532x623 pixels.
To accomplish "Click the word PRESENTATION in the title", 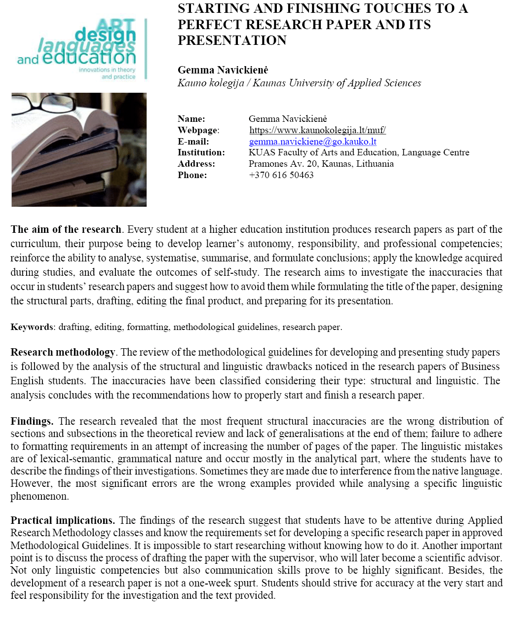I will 232,40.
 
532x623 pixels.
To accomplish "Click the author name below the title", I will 223,70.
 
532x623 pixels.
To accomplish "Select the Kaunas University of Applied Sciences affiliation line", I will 299,83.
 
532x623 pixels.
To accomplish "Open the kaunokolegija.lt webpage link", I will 317,130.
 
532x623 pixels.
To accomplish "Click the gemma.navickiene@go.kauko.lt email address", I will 312,142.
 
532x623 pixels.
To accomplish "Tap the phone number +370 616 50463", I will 281,175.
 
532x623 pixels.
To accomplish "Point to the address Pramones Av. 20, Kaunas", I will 321,164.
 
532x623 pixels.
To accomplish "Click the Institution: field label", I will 201,152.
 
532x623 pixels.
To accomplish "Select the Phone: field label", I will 192,175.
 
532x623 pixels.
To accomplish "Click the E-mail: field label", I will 193,142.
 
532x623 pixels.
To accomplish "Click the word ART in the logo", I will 116,25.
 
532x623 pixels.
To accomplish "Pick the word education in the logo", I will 89,58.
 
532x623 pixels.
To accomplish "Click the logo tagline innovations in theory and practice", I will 107,73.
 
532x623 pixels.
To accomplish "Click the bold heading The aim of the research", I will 66,229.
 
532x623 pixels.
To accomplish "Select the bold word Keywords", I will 32,327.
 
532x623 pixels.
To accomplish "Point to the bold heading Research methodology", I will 63,352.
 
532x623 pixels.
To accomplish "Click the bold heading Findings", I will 32,421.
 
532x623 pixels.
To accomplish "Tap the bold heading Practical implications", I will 63,520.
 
